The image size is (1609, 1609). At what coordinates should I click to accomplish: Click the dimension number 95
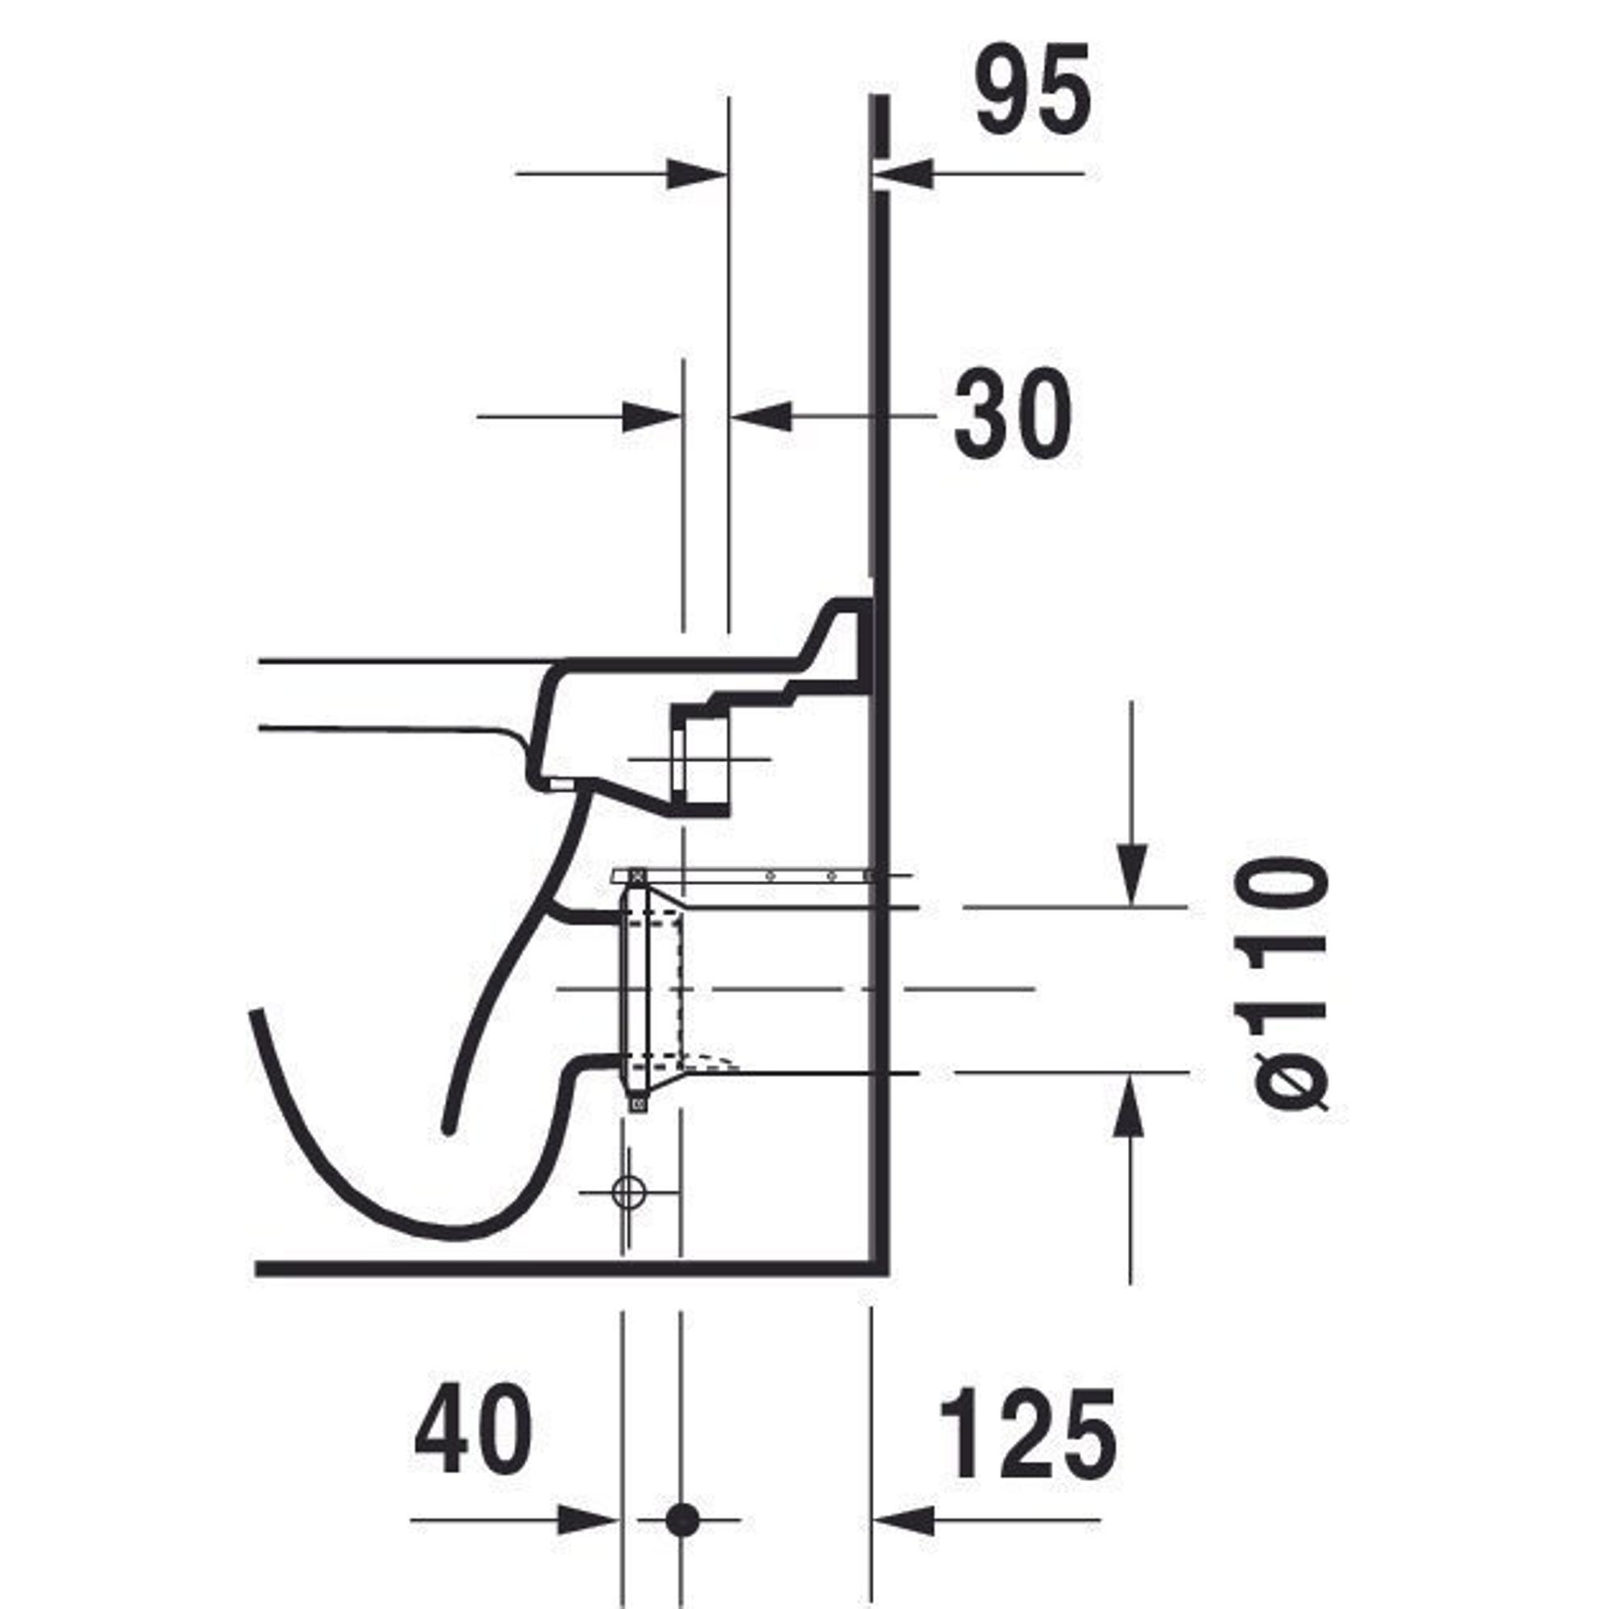[x=1033, y=88]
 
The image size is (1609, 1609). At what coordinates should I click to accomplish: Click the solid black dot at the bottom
[x=682, y=1520]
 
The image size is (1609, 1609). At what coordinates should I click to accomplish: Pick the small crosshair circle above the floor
[x=630, y=1192]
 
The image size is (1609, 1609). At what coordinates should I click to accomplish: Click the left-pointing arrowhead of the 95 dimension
[x=903, y=174]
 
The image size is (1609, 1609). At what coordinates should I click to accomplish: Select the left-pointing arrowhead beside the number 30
[x=760, y=416]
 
